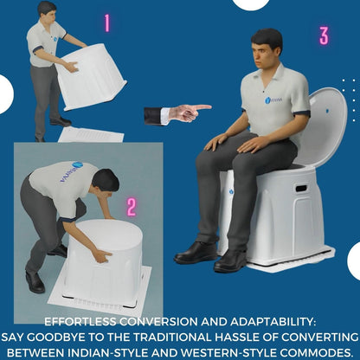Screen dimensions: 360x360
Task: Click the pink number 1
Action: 106,23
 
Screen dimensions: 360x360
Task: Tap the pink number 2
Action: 132,207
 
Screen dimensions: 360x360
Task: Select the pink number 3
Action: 323,35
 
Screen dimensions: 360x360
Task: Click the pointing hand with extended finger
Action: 185,112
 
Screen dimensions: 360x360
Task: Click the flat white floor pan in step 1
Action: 90,134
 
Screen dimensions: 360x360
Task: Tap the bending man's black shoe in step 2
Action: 35,281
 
